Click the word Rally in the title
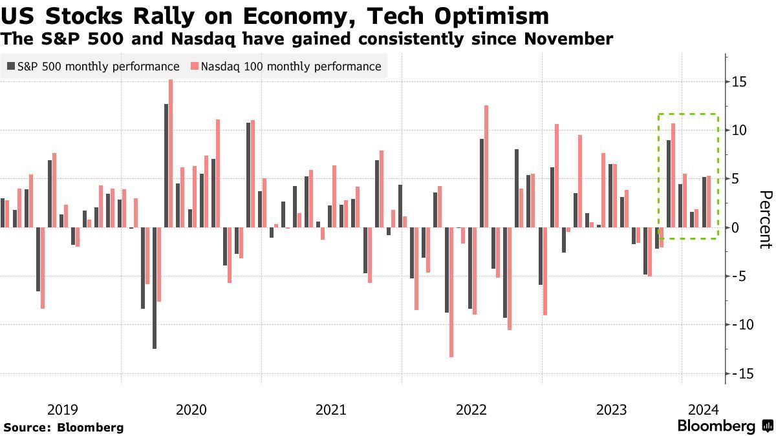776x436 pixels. tap(153, 15)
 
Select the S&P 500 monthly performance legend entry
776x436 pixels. tap(93, 67)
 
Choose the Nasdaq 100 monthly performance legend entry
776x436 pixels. tap(286, 67)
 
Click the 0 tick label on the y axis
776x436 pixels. tap(736, 227)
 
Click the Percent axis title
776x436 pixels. tap(765, 220)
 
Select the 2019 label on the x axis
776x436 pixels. tap(63, 410)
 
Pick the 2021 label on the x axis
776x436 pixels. tap(330, 410)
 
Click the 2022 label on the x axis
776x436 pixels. tap(471, 410)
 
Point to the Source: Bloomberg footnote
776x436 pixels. tap(63, 427)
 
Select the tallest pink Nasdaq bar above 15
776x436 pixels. tap(171, 153)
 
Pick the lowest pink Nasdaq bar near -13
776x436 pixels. tap(451, 292)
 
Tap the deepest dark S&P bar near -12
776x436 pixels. tap(155, 288)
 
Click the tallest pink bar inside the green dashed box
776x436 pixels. tap(673, 175)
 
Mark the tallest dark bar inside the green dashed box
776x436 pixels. tap(668, 183)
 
